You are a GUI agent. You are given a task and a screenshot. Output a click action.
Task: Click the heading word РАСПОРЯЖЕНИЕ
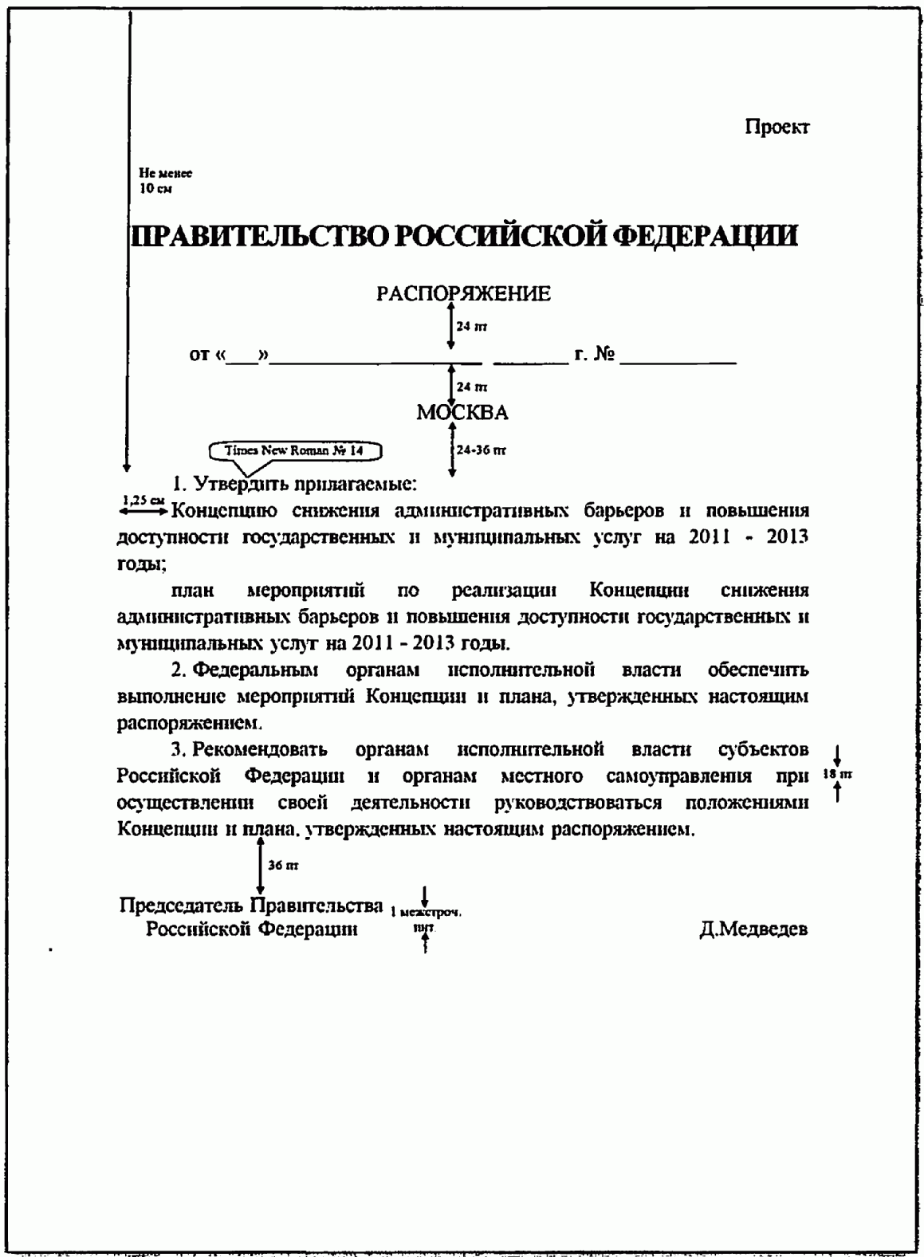tap(463, 294)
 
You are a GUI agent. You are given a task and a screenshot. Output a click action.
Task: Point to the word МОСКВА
tap(462, 413)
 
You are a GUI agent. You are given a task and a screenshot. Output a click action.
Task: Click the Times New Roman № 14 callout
tap(294, 451)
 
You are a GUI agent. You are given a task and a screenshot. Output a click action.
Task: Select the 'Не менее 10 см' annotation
tap(165, 181)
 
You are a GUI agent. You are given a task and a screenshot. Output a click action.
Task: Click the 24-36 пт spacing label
tap(482, 450)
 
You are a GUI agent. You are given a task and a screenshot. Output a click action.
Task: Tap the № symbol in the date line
tap(605, 355)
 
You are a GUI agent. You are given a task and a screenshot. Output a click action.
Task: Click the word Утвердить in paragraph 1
tap(239, 483)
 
